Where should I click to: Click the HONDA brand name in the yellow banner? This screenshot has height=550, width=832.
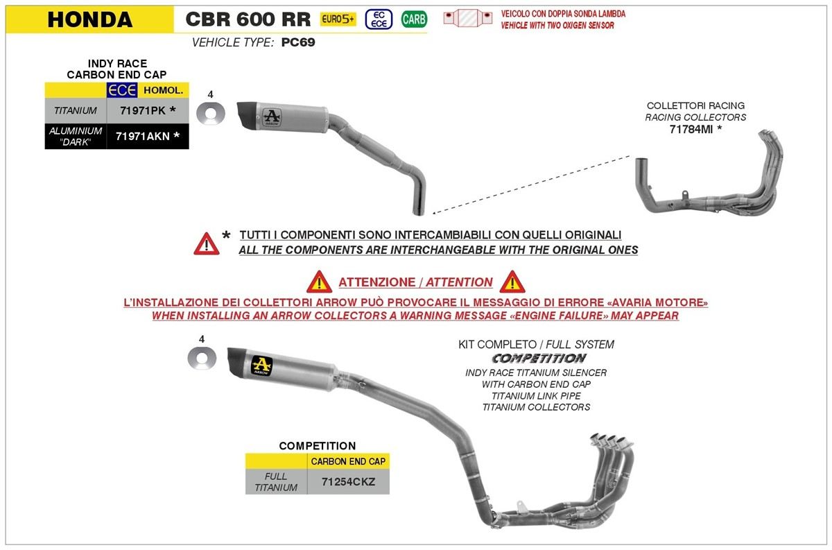90,19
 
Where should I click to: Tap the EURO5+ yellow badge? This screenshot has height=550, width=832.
338,19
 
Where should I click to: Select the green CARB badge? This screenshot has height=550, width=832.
414,19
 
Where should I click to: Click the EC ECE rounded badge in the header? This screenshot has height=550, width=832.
379,19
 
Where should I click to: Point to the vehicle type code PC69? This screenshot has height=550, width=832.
298,42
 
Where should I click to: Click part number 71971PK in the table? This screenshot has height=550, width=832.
143,110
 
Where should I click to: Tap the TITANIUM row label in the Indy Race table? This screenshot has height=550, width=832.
76,110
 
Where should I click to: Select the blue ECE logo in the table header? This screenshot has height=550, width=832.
122,90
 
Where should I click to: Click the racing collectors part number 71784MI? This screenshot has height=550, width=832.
691,129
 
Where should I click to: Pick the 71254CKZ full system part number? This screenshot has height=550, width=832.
348,481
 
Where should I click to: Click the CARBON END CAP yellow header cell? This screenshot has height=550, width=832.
348,461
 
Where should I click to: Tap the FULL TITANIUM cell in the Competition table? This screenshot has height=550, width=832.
276,481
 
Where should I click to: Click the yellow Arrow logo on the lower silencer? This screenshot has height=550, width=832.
262,366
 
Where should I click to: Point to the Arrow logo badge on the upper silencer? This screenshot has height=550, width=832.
272,118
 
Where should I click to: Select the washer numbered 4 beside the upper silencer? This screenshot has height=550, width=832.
211,113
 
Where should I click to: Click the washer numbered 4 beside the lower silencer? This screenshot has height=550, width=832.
202,359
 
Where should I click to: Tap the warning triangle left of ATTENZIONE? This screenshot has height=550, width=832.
319,282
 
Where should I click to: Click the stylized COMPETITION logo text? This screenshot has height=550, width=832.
539,359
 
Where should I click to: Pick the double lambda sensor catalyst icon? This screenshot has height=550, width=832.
468,17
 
